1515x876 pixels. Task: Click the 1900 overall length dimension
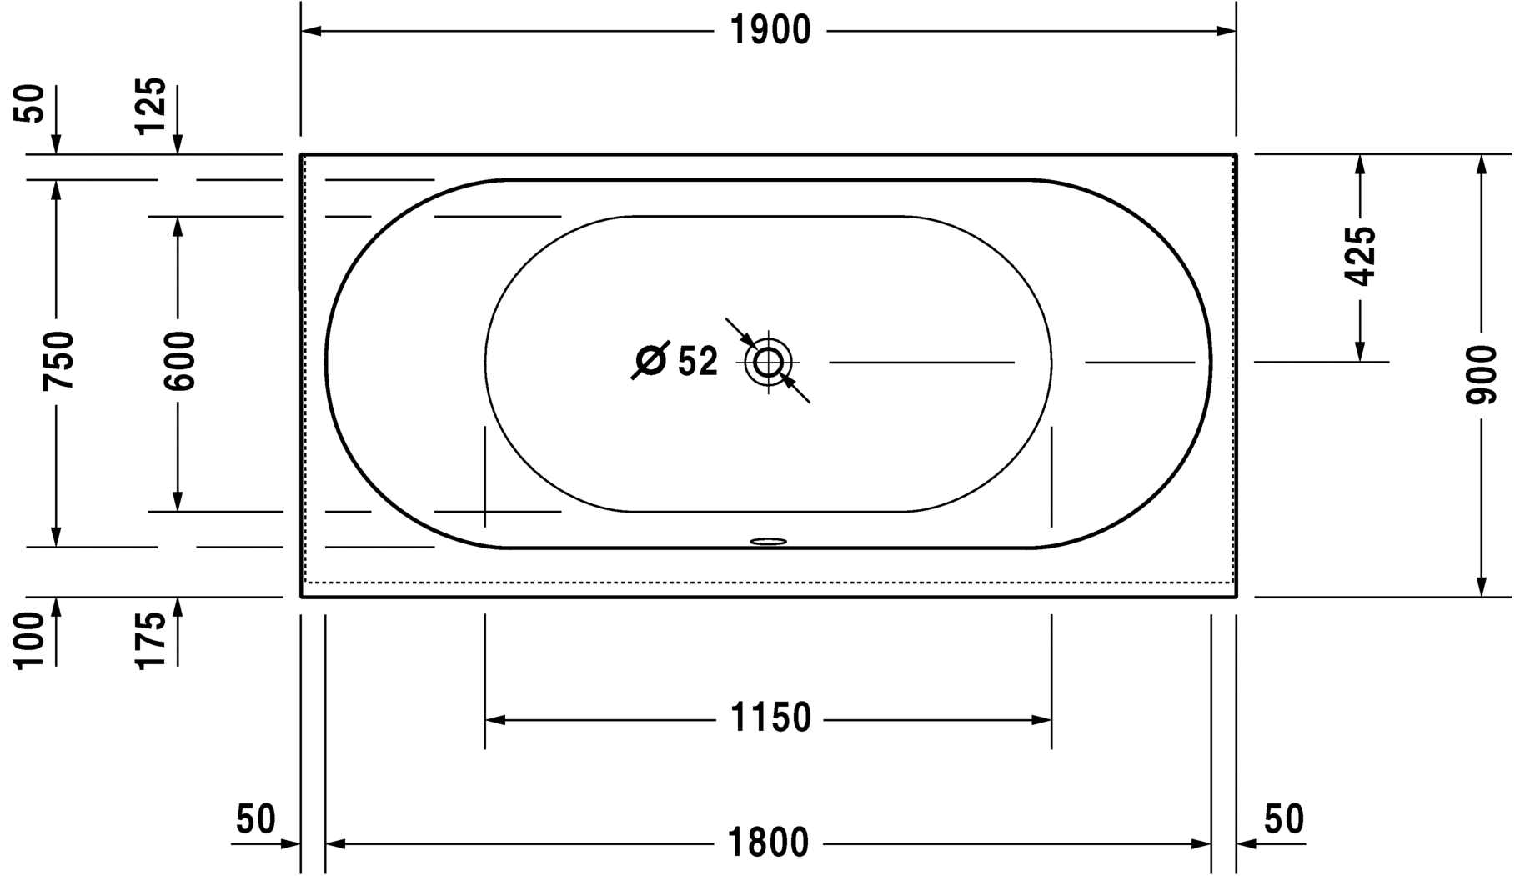tap(770, 31)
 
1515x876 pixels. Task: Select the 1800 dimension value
tap(768, 843)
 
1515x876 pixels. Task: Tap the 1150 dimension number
tap(770, 718)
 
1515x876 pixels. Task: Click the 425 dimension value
tap(1360, 255)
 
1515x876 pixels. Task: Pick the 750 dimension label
tap(58, 360)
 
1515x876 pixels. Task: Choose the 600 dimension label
tap(178, 361)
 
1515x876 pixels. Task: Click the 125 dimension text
tap(151, 106)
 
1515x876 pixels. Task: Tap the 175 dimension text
tap(151, 640)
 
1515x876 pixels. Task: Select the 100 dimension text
tap(30, 640)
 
